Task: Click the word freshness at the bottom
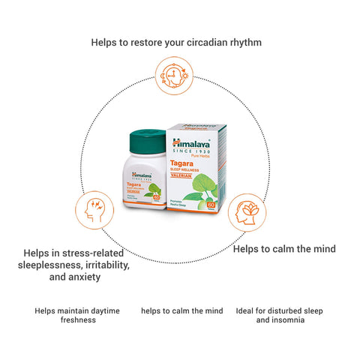pos(78,320)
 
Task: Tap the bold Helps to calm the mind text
pos(284,248)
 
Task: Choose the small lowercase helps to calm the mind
pos(181,310)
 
